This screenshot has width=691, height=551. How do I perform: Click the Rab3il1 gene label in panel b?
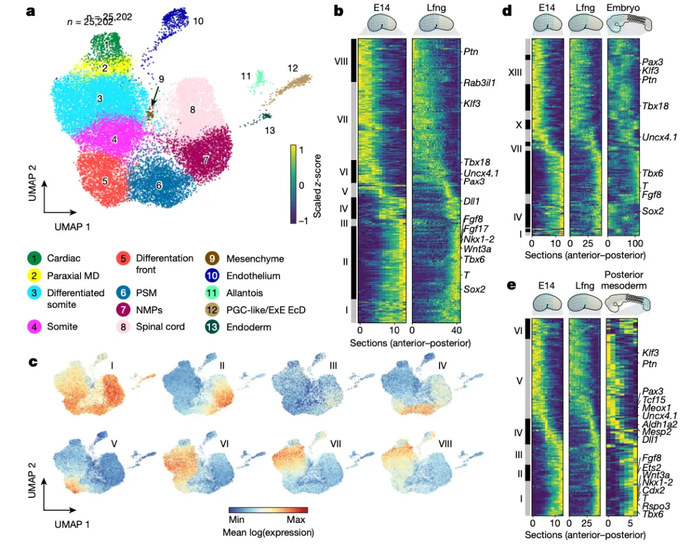(x=479, y=83)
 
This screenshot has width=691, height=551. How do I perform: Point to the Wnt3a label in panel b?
(x=477, y=249)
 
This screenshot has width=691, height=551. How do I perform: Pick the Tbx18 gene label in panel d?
(x=655, y=106)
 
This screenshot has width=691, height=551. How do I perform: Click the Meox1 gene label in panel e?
(x=656, y=406)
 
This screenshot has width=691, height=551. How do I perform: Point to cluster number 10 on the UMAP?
(x=198, y=21)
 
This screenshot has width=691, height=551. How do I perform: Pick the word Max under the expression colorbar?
(x=296, y=520)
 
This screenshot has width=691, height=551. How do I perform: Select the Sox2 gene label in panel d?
(x=652, y=211)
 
